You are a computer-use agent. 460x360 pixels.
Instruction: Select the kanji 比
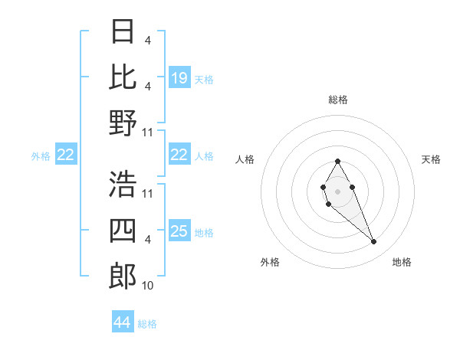pos(123,77)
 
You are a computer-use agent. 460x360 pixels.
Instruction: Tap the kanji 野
pos(123,123)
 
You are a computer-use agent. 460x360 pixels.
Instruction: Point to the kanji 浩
pos(123,184)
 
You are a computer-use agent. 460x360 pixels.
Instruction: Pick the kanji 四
pos(123,230)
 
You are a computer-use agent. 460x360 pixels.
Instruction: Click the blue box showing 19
pos(179,78)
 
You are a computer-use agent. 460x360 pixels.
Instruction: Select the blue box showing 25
pos(179,231)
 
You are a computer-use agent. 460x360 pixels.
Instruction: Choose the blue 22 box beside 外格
pos(66,155)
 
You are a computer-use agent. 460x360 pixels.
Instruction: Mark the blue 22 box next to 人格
pos(179,155)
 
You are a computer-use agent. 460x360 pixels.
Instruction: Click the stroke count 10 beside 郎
pos(148,286)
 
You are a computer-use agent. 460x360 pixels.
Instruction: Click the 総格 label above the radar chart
pos(338,100)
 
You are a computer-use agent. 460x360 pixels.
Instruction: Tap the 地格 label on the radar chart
pos(402,262)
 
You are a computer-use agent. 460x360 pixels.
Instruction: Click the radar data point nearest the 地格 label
pos(374,242)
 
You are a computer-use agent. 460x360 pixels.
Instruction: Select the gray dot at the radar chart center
pos(337,190)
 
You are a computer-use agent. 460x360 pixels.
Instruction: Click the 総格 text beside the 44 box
pos(147,323)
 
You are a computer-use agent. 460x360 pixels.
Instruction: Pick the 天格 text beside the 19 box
pos(204,79)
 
